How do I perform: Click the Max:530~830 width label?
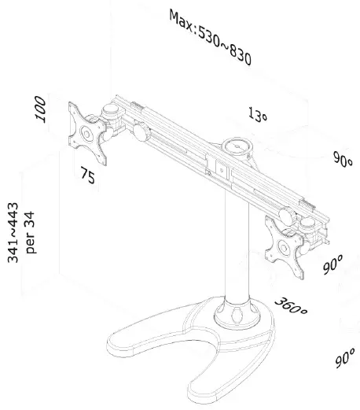coord(210,38)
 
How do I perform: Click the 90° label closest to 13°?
coord(342,158)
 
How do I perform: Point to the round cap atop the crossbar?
coord(236,147)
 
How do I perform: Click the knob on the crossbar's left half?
coord(141,134)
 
